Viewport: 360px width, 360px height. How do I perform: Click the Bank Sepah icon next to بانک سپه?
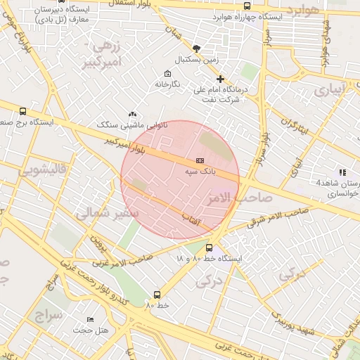199,161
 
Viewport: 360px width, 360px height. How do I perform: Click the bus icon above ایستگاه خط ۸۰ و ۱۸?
209,247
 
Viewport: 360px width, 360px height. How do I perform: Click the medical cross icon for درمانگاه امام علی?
221,79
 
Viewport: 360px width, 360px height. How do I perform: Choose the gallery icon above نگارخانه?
167,74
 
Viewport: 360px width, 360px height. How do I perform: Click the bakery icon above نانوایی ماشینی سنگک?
132,114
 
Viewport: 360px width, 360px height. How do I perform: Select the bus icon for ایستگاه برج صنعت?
22,111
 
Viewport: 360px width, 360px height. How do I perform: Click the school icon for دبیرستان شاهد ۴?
342,172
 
